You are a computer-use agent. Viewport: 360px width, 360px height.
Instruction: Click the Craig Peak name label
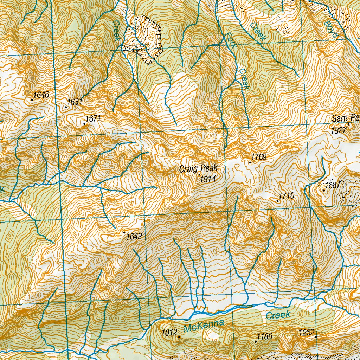point(198,169)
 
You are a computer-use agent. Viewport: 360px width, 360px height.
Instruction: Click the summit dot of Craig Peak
point(200,174)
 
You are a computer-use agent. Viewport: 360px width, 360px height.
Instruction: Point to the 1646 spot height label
point(41,95)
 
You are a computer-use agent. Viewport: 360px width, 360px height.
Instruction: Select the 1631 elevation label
point(75,102)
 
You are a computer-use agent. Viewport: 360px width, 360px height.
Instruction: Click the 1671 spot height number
point(94,118)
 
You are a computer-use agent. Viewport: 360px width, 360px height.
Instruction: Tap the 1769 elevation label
point(259,157)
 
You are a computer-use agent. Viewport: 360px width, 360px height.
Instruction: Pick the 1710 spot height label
point(286,195)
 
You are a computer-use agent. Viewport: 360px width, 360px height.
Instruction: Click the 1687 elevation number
point(332,185)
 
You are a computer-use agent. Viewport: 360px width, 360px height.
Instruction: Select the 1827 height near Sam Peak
point(339,130)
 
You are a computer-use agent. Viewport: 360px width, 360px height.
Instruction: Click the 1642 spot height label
point(134,236)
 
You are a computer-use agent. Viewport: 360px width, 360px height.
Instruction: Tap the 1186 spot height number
point(264,336)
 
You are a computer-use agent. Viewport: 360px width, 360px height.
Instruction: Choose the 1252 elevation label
point(306,332)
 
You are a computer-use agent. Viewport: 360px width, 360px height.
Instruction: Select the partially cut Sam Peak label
point(346,118)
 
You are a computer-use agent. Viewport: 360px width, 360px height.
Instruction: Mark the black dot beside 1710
point(278,201)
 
